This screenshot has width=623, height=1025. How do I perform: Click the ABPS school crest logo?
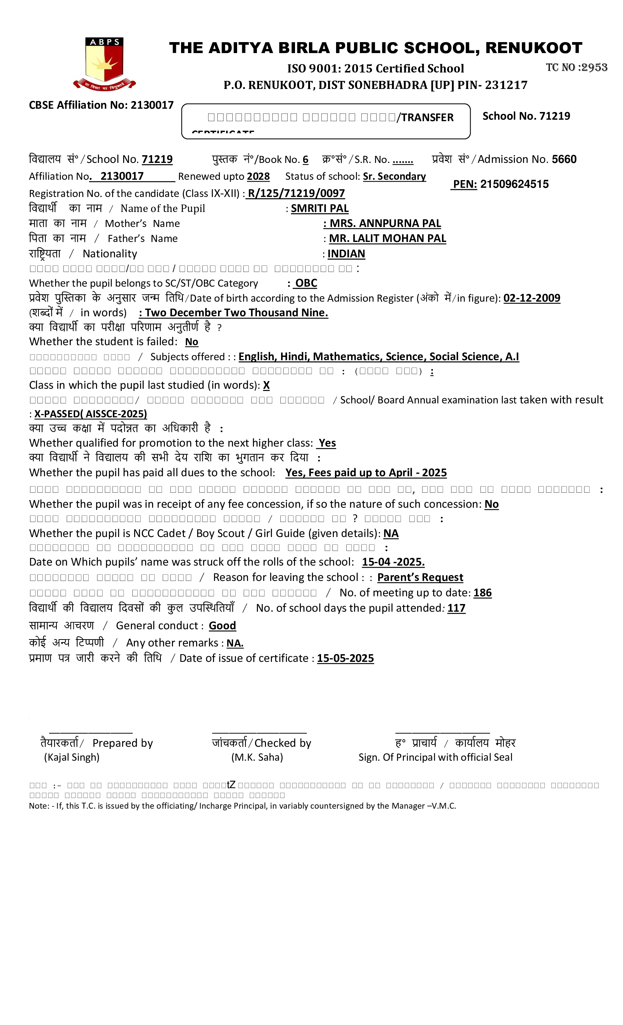[104, 64]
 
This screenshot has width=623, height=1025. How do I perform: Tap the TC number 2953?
[594, 67]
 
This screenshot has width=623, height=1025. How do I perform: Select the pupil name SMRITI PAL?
[320, 208]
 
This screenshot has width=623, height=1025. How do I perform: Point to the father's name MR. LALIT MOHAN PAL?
[387, 238]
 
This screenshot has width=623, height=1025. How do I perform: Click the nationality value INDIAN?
[346, 254]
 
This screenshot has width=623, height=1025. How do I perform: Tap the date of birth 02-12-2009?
[531, 298]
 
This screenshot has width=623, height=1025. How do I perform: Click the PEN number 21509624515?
[514, 184]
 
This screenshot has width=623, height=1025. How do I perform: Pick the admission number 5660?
[564, 159]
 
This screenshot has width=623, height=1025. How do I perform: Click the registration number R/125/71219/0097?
[296, 193]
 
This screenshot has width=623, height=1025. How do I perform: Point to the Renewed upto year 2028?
[258, 176]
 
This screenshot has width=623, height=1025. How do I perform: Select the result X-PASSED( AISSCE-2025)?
[91, 414]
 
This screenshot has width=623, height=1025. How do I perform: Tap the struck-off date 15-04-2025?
[393, 562]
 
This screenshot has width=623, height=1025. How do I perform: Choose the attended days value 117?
[456, 608]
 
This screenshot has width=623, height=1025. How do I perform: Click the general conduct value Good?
[222, 626]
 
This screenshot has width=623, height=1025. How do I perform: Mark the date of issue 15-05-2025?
[345, 658]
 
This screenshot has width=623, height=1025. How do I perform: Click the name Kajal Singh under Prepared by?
[71, 757]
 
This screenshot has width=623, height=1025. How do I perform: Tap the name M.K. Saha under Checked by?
[257, 757]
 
